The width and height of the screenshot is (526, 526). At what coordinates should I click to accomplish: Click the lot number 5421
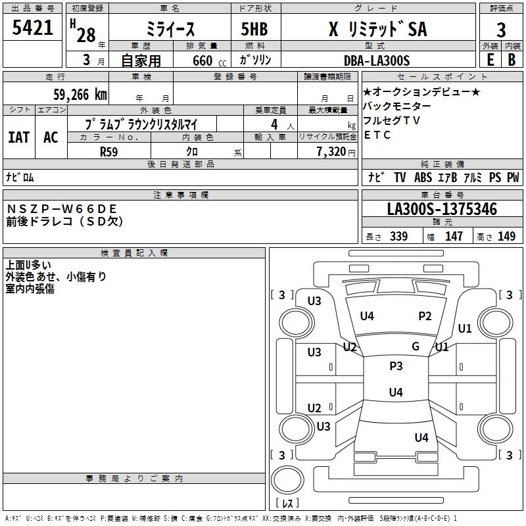(x=32, y=28)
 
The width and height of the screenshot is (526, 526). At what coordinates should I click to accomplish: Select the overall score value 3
(x=501, y=30)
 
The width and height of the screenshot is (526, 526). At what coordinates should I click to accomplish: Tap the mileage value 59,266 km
(x=80, y=95)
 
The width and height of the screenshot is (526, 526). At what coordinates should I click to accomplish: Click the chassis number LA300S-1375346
(x=442, y=209)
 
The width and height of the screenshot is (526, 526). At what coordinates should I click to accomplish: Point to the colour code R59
(x=109, y=152)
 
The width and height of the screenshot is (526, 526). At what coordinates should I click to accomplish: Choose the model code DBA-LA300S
(x=377, y=60)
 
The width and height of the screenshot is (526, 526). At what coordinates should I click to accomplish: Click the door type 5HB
(x=254, y=29)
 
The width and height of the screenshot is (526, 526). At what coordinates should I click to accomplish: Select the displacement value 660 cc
(x=210, y=60)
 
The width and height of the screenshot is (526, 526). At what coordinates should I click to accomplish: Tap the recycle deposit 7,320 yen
(x=336, y=152)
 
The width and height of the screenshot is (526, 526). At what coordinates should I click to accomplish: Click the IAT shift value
(x=19, y=137)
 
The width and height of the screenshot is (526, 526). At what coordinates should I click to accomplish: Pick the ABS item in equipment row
(x=423, y=178)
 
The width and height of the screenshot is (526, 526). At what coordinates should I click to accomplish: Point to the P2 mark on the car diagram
(x=425, y=316)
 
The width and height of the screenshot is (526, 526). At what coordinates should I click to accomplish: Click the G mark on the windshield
(x=416, y=347)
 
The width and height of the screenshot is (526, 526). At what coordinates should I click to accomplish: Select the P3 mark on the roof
(x=396, y=366)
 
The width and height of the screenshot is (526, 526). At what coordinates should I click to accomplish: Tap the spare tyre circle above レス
(x=287, y=480)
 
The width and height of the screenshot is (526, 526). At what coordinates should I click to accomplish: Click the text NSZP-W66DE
(x=62, y=209)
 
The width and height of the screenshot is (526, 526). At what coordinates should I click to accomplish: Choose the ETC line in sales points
(x=377, y=135)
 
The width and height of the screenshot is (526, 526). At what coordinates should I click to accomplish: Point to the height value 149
(x=506, y=236)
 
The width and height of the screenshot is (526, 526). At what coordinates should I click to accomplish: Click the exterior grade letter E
(x=490, y=60)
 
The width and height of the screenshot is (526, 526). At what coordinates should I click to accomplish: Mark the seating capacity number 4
(x=274, y=125)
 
